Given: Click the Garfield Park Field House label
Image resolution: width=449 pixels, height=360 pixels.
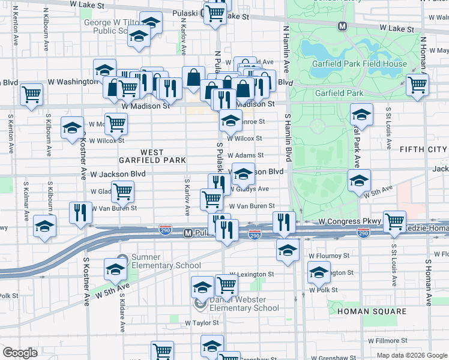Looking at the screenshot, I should (x=359, y=64).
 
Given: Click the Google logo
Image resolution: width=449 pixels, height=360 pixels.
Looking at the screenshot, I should (x=20, y=353).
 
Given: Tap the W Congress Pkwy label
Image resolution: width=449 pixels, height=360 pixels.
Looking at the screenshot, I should (x=350, y=221).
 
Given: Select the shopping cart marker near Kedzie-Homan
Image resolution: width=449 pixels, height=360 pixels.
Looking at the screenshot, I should (x=394, y=221).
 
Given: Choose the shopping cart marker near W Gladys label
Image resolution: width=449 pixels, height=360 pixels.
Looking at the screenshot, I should (x=123, y=191).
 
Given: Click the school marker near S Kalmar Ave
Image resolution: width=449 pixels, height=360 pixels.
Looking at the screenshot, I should (x=44, y=226).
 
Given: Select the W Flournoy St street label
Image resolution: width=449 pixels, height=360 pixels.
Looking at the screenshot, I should (x=328, y=255).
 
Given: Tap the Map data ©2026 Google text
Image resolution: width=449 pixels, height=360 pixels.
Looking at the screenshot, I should (x=411, y=355).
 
